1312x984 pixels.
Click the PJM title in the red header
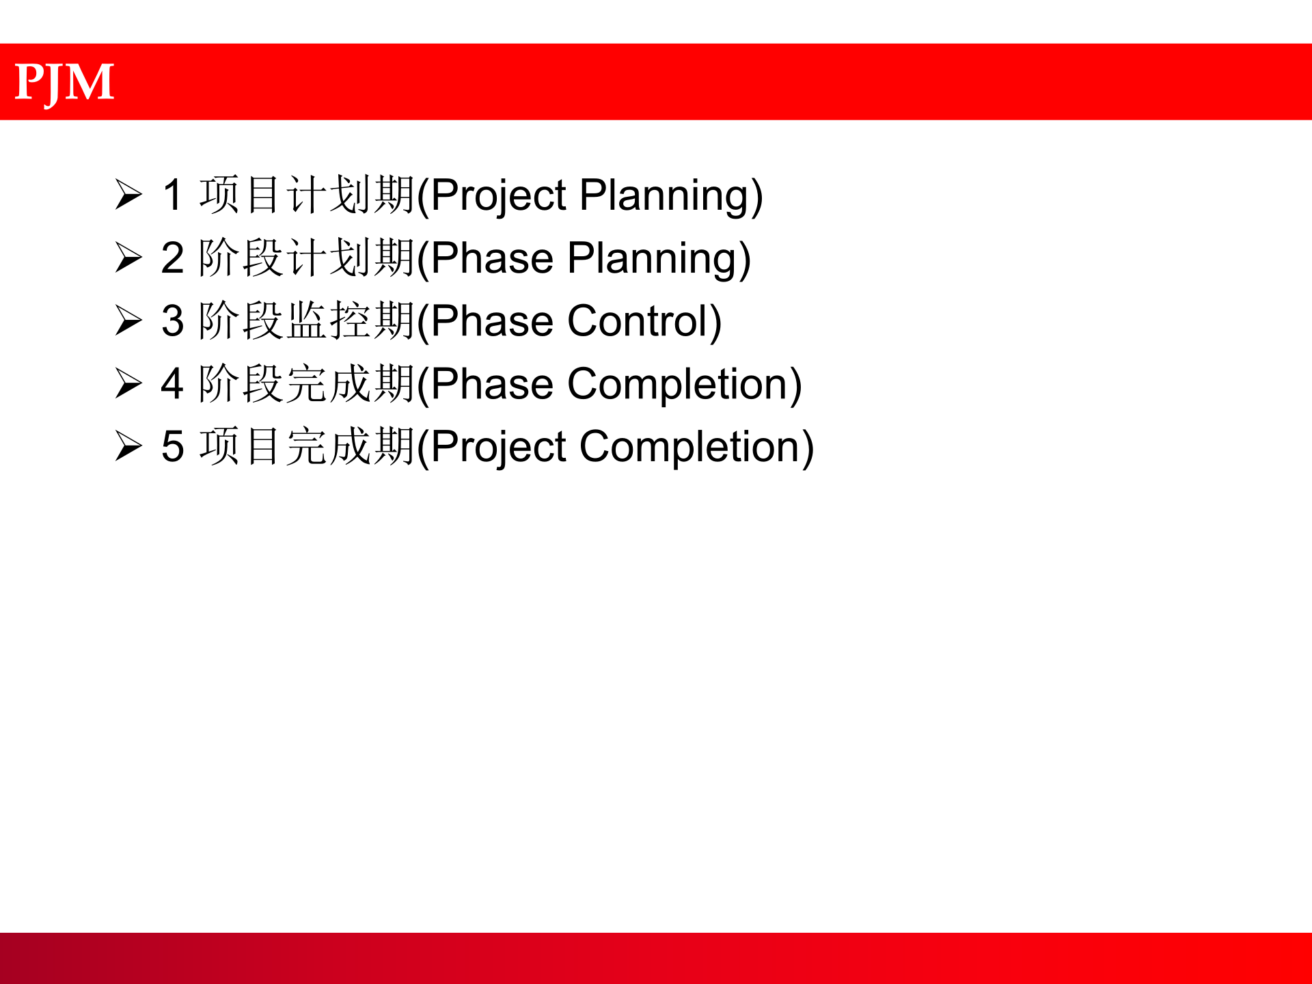tap(64, 83)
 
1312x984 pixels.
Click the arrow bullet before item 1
tap(128, 195)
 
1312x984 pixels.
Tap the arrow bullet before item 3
tap(128, 320)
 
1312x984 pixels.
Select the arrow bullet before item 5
tap(128, 446)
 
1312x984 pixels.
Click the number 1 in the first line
tap(172, 195)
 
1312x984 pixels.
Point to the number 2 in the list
tap(172, 258)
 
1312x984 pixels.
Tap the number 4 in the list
tap(172, 384)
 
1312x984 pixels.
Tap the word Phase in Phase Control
tap(492, 321)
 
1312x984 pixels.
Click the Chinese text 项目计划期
tap(307, 195)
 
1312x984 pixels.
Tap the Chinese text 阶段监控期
tap(307, 320)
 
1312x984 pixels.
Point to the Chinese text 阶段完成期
tap(307, 384)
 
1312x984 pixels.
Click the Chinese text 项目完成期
tap(307, 446)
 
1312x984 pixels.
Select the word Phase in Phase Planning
tap(492, 258)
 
